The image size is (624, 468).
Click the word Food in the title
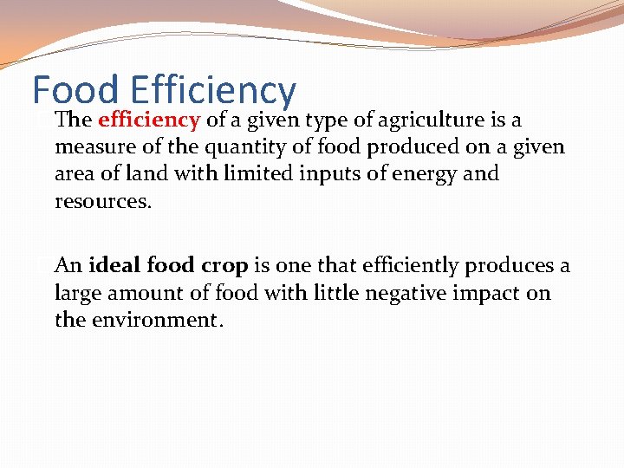coord(75,90)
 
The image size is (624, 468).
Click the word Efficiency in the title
coord(213,90)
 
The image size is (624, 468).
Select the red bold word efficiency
coord(149,120)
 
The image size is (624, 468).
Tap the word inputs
coord(328,173)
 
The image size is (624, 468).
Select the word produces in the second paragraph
coord(514,265)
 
